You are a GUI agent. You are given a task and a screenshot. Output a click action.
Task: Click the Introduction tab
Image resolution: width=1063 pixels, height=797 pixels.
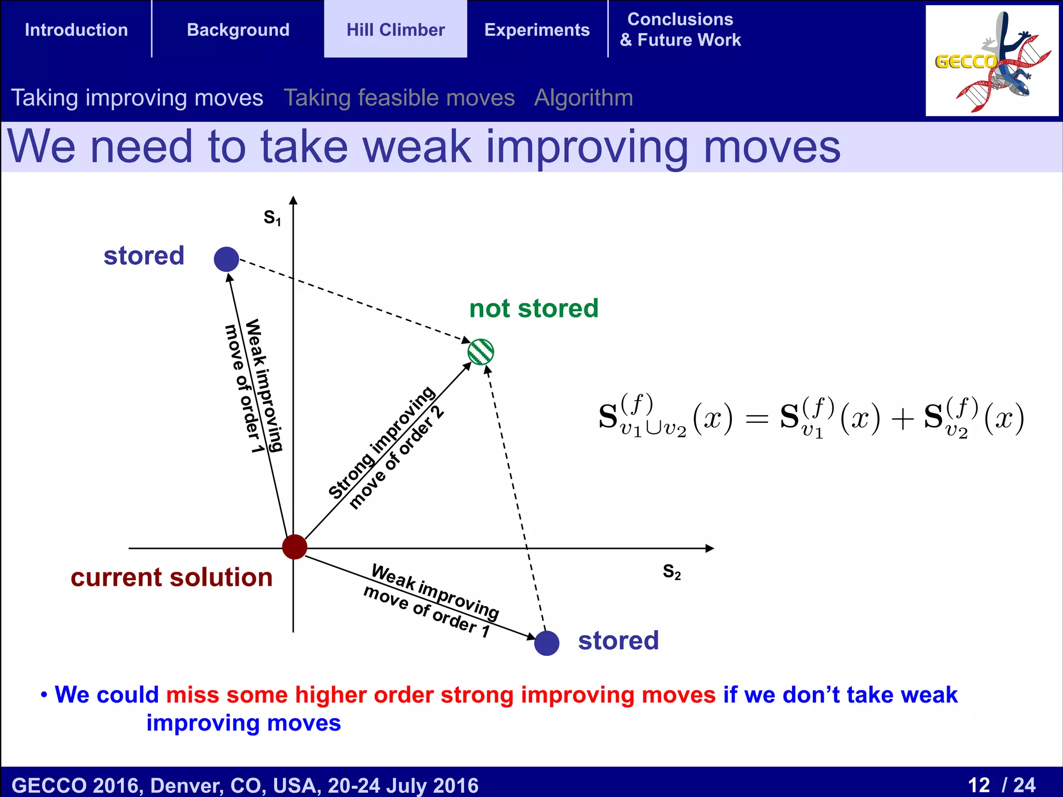(x=76, y=30)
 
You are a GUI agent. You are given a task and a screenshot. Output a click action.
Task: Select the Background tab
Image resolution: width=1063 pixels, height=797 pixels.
(x=238, y=30)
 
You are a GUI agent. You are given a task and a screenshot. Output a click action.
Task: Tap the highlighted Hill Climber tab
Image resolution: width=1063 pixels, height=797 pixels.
(x=396, y=30)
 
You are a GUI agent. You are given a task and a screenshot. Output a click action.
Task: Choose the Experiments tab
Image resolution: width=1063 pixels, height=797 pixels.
(x=537, y=30)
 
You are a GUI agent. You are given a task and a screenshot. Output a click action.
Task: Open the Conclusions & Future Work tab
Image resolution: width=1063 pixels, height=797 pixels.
(x=680, y=30)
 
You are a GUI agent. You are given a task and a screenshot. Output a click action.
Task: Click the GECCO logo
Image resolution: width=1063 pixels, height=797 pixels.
(x=991, y=61)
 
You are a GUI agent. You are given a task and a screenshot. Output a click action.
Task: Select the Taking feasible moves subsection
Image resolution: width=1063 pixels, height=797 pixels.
(x=399, y=98)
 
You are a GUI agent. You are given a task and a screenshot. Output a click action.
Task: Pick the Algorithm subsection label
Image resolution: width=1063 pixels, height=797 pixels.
(x=583, y=98)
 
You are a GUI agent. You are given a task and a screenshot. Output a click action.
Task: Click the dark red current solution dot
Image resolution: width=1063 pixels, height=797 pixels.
(x=294, y=547)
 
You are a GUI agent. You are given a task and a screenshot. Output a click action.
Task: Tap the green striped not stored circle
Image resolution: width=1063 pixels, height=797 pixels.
(x=481, y=352)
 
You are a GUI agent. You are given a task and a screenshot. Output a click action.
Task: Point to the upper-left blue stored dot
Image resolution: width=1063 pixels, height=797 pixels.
(x=226, y=259)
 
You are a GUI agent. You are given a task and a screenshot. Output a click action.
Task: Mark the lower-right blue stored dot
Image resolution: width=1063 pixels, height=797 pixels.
(x=547, y=643)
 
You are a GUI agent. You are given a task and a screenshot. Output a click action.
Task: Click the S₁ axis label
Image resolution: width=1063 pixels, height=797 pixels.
(x=272, y=217)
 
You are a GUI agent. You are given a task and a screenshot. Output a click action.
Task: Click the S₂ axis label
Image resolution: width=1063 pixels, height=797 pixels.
(x=672, y=571)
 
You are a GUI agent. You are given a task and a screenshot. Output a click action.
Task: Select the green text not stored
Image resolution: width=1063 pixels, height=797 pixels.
(x=534, y=308)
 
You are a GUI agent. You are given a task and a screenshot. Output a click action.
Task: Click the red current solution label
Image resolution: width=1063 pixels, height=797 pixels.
(x=171, y=577)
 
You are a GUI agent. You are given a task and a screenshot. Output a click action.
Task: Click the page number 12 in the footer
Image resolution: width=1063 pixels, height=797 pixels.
(x=979, y=785)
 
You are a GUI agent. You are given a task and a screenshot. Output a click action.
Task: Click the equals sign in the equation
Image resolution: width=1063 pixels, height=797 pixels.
(x=756, y=418)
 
